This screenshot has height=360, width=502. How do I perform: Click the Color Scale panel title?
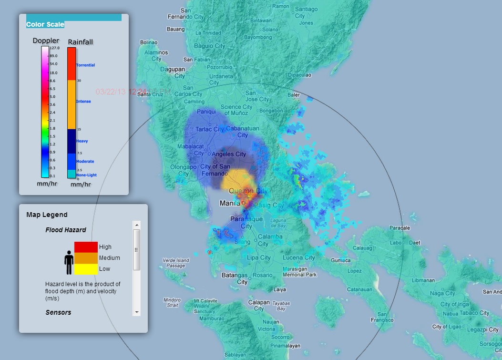point(45,24)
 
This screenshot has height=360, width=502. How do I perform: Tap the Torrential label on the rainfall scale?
point(85,65)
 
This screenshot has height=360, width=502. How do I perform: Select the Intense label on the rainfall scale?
point(83,101)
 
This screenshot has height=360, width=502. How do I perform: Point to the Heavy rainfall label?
point(82,141)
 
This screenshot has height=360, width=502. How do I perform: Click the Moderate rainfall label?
point(85,162)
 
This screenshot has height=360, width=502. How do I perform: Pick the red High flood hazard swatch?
point(86,247)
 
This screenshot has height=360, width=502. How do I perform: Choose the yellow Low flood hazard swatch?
point(86,269)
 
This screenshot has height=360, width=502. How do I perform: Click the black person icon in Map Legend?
point(69,263)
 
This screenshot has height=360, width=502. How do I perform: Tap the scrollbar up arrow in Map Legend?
point(137,225)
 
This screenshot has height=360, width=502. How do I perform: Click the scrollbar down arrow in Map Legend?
point(137,312)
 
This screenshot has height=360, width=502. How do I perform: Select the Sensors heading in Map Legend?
point(58,312)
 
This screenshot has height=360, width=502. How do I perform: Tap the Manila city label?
point(230,204)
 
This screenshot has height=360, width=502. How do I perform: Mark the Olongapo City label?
point(183,170)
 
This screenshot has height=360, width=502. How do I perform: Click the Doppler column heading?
point(46,41)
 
